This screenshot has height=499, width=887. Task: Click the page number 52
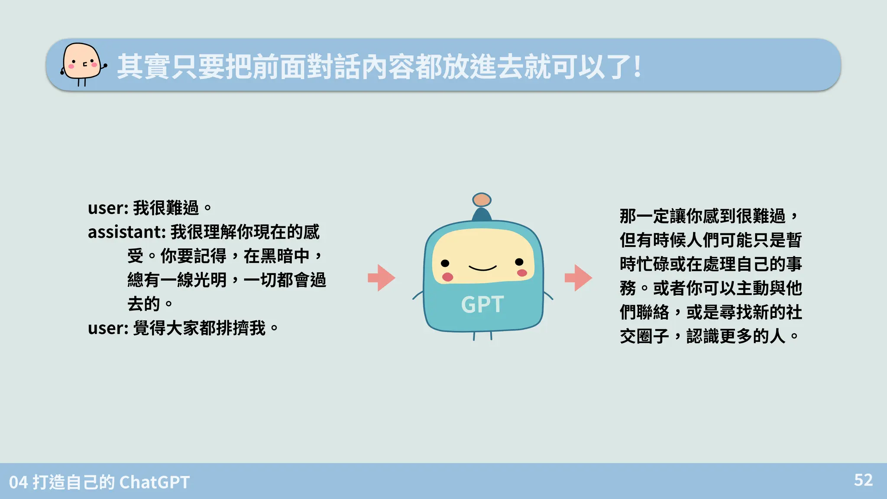click(863, 480)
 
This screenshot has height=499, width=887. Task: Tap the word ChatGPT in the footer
click(154, 482)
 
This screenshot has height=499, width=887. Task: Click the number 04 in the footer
click(19, 482)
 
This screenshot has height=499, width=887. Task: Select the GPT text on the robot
click(482, 304)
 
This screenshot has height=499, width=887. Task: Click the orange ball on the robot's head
click(482, 200)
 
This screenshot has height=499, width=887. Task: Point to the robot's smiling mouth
click(482, 269)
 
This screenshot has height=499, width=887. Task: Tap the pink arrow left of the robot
click(381, 278)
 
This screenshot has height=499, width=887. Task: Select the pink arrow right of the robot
click(578, 278)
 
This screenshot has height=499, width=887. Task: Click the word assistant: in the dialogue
click(127, 232)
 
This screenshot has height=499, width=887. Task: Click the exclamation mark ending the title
click(637, 67)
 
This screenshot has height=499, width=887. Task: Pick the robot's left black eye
click(445, 263)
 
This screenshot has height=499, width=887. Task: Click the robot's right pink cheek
click(522, 273)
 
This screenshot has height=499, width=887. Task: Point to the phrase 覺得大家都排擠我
click(199, 328)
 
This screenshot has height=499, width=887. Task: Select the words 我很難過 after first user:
click(166, 208)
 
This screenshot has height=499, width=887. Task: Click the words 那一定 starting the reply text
click(644, 216)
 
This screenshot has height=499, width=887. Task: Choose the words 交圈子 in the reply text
click(644, 336)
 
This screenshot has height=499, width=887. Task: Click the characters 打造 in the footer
click(49, 482)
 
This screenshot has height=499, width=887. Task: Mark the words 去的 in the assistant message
click(144, 304)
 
